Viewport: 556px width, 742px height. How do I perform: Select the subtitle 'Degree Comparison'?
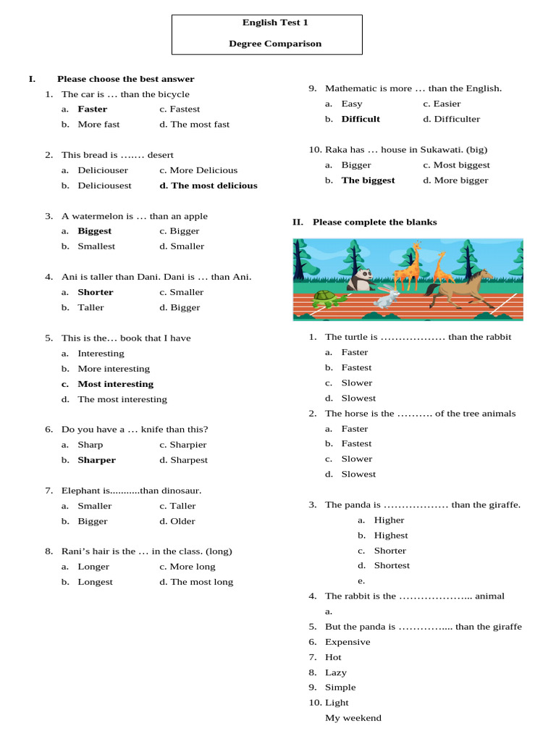pos(275,43)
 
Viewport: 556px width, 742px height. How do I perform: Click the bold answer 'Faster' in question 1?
pos(93,109)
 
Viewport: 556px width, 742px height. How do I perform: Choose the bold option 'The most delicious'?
pos(214,185)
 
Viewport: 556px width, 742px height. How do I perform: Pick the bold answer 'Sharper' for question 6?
pos(97,460)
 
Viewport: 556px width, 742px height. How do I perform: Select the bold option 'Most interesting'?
pos(116,384)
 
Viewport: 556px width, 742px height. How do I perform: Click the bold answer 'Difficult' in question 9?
pos(361,119)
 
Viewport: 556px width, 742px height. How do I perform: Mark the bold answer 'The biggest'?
pos(368,180)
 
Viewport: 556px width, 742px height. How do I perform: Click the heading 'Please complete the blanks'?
pos(375,222)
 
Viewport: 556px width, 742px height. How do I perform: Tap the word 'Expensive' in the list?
pos(347,642)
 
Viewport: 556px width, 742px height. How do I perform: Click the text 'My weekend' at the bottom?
pos(353,718)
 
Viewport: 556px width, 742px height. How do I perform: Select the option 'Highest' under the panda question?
pos(391,535)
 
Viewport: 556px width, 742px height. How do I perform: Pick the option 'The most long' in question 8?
pos(202,582)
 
